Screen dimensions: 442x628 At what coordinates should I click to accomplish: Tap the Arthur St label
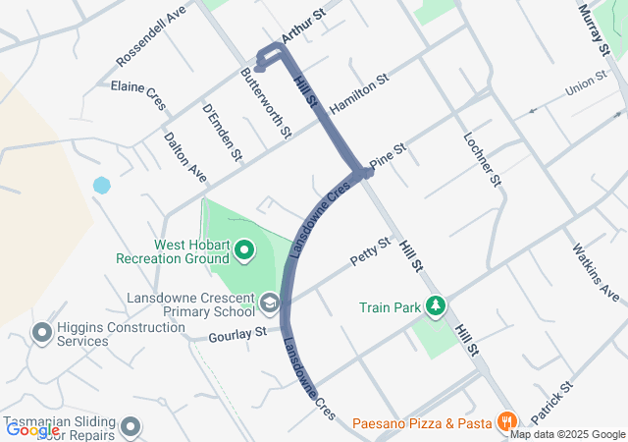pos(302,27)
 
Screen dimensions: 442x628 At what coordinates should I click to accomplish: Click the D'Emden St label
pos(222,132)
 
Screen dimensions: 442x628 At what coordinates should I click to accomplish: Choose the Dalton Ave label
pos(185,157)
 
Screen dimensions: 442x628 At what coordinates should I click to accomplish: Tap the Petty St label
pos(370,251)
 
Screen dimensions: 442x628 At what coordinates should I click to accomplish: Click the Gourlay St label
pos(237,334)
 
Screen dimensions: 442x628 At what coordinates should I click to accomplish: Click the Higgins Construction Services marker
pos(42,334)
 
